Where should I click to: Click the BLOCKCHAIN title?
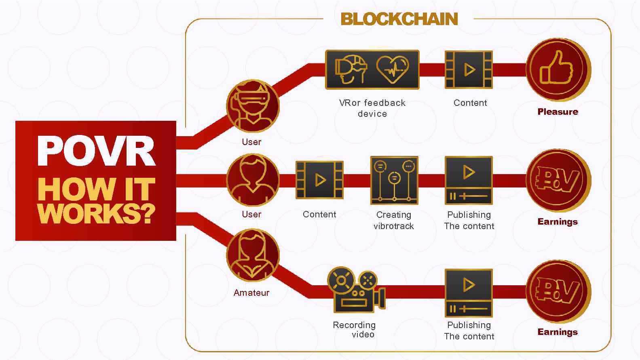point(399,19)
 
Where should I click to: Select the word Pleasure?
point(558,112)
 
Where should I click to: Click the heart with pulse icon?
point(392,69)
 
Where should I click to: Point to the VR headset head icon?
point(351,69)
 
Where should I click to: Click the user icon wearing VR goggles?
point(253,106)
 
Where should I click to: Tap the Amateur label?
point(251,293)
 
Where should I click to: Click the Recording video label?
point(355,330)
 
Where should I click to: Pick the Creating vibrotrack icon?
point(394,180)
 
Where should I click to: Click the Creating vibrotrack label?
point(394,221)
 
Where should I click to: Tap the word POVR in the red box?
point(96,151)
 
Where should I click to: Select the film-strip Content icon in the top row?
point(469,69)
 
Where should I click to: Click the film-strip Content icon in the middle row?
point(319,180)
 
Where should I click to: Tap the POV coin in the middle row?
point(558,180)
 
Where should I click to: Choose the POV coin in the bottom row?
point(558,291)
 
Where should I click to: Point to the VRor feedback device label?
point(372,108)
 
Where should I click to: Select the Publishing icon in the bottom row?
point(469,293)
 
